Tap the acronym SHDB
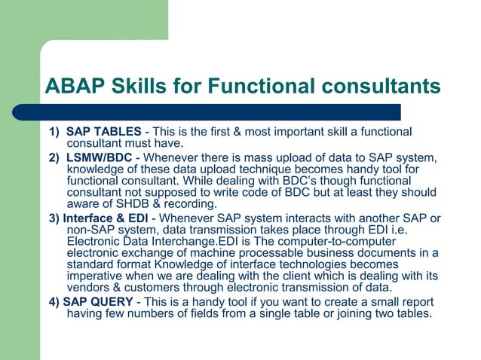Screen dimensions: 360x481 coord(132,204)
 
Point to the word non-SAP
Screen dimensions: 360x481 coord(90,230)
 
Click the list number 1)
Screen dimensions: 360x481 coord(54,133)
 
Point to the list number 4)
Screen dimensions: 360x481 coord(54,302)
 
